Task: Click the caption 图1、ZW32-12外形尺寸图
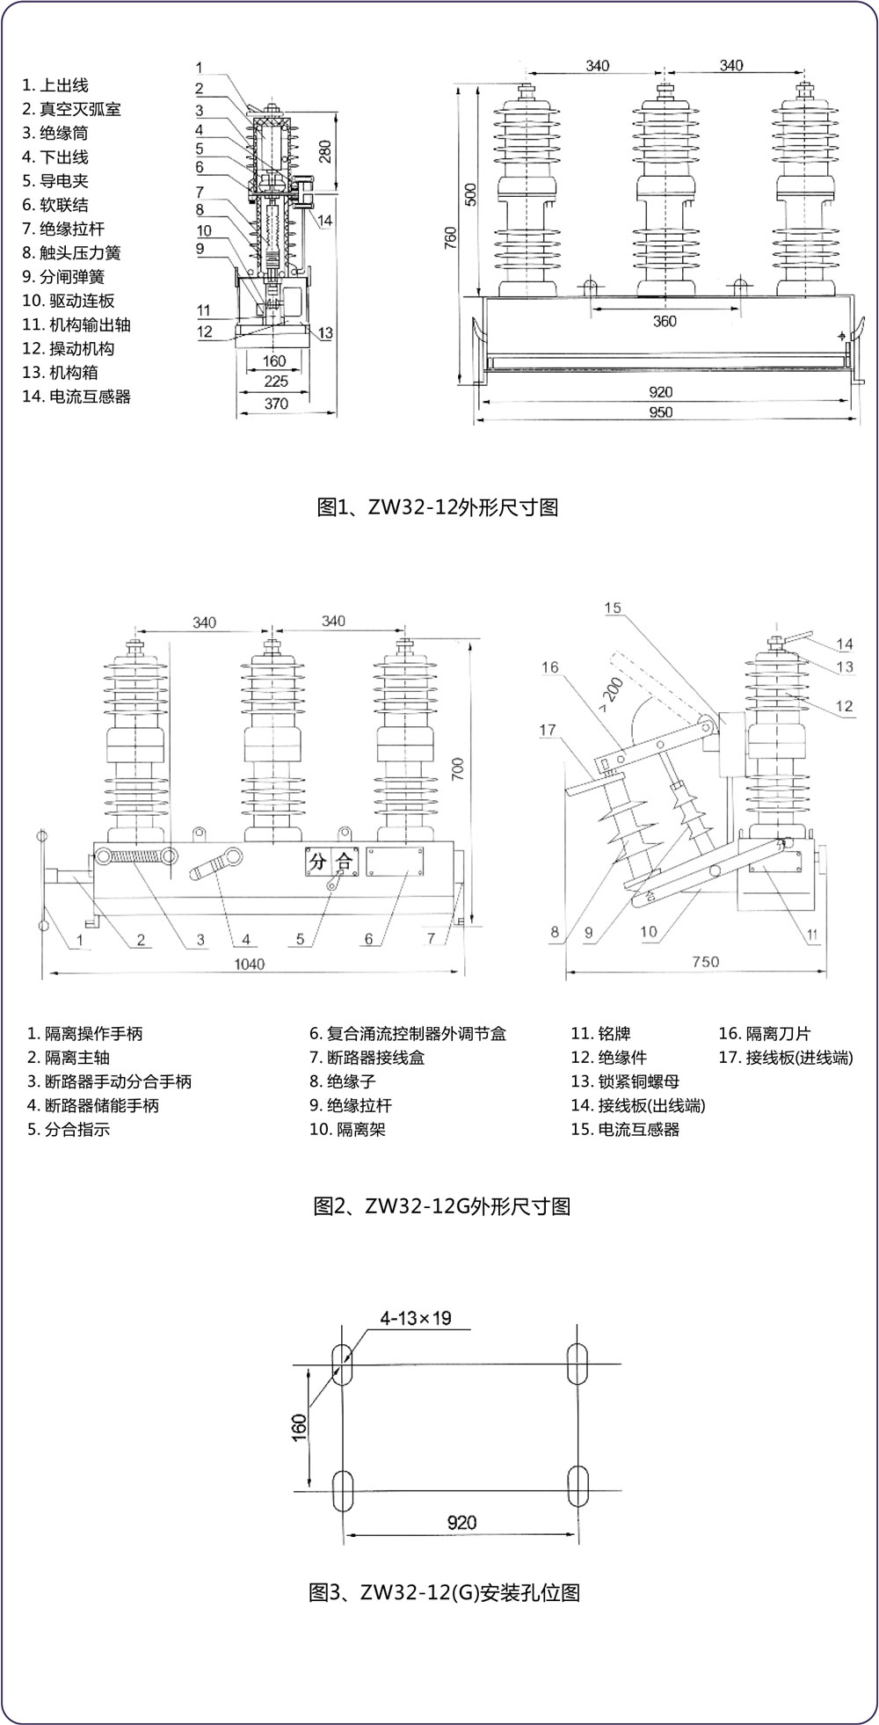pos(437,507)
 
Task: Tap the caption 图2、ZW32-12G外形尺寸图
pos(442,1206)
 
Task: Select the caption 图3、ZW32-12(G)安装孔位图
pos(445,1592)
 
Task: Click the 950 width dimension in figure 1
pos(660,412)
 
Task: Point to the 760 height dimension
pos(451,237)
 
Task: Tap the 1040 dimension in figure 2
pos(249,964)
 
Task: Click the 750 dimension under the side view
pos(705,962)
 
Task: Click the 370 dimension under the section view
pos(276,403)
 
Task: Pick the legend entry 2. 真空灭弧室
pos(72,109)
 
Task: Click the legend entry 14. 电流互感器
pos(76,397)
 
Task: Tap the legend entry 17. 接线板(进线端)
pos(786,1058)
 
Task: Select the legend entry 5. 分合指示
pos(69,1130)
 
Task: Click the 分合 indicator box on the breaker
pos(330,862)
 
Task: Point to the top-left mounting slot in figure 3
pos(342,1363)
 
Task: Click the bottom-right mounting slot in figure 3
pos(578,1486)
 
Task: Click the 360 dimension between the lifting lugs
pos(665,321)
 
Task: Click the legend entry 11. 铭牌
pos(601,1034)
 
